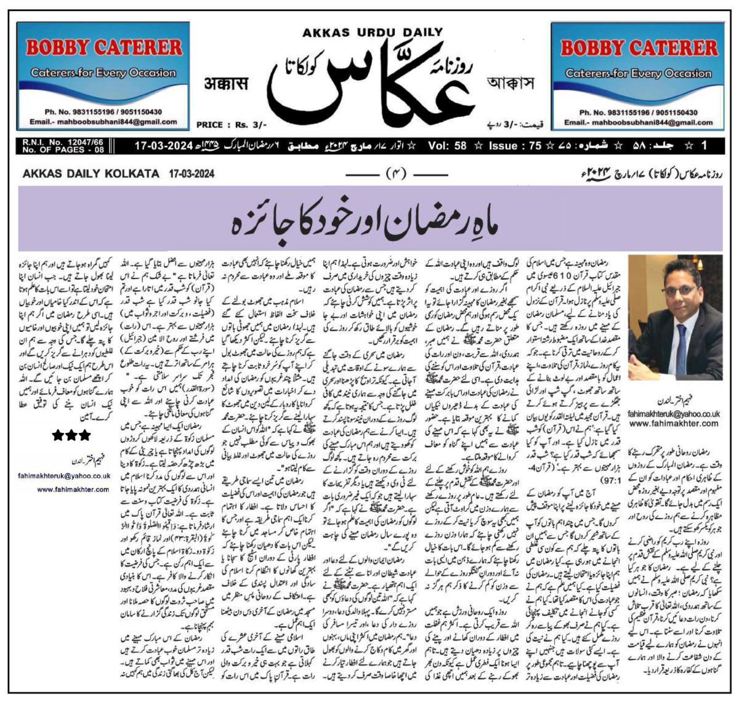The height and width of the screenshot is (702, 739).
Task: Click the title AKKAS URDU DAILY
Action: click(372, 33)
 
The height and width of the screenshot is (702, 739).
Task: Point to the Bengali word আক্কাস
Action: click(509, 83)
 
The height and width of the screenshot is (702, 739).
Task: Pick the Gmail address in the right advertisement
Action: click(639, 123)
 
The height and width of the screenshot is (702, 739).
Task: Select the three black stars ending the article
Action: click(71, 435)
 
